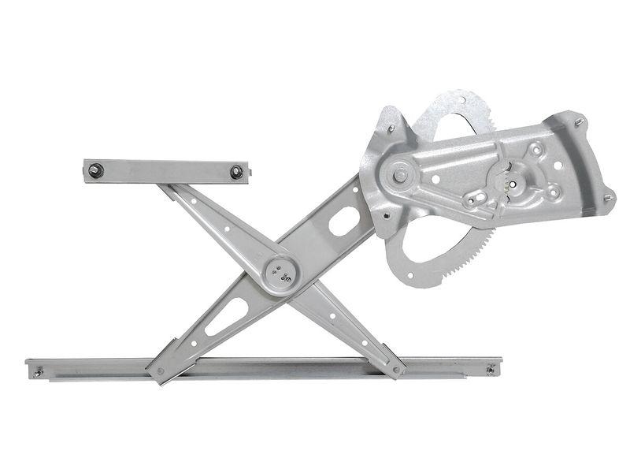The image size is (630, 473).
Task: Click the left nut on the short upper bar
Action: tap(95, 168)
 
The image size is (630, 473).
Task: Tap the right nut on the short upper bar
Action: tap(236, 172)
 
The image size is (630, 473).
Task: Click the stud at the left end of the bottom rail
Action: tap(37, 371)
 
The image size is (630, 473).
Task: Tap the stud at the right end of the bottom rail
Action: tap(491, 369)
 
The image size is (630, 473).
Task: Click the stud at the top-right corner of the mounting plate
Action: tap(579, 122)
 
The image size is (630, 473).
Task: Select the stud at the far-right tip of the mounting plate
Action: tap(608, 197)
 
